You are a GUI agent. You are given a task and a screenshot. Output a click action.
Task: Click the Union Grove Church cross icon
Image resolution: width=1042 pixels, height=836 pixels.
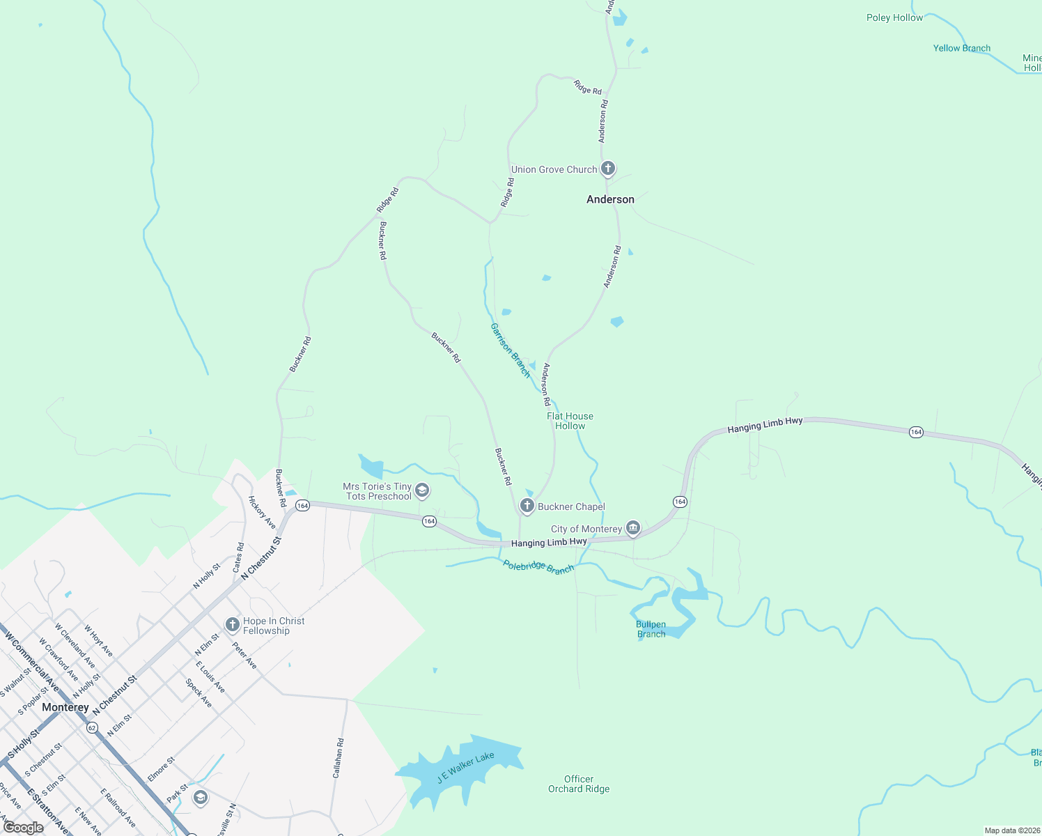608,169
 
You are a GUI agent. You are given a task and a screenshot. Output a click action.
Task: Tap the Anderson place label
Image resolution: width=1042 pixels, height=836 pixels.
610,199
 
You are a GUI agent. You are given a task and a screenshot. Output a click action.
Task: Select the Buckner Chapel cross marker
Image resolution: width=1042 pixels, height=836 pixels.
527,506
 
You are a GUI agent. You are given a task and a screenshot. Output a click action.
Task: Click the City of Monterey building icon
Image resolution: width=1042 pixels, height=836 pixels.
633,529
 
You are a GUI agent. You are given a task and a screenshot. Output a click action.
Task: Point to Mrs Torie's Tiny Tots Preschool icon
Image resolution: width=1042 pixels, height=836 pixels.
421,491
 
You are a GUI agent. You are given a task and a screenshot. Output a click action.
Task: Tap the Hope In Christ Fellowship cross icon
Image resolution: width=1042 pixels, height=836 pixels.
233,625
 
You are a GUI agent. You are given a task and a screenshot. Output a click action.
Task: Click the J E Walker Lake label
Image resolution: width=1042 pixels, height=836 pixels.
465,767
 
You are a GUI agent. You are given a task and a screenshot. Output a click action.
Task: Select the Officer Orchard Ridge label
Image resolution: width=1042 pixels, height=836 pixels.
579,784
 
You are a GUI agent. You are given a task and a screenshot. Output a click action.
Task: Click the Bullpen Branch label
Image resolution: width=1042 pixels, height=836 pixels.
651,629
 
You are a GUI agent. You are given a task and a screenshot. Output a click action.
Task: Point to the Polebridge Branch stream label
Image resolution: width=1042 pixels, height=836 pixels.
538,567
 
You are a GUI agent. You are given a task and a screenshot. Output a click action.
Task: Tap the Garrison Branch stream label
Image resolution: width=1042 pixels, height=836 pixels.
511,350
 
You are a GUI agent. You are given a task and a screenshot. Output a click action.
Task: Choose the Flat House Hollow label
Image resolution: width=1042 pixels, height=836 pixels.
570,421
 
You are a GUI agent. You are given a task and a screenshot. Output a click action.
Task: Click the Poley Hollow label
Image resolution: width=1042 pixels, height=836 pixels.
894,17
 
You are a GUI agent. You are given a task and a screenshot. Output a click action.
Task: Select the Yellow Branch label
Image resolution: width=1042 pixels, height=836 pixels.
961,48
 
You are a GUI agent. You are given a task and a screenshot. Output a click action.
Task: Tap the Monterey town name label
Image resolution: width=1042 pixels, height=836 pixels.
65,707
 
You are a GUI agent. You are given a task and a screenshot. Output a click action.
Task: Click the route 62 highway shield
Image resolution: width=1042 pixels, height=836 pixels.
92,727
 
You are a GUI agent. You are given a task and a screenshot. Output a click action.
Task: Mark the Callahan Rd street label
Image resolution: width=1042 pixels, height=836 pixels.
338,758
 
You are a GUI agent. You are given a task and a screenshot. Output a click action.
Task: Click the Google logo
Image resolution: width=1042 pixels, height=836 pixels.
23,828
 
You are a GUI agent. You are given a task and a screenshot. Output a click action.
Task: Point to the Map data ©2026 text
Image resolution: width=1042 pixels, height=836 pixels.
1010,830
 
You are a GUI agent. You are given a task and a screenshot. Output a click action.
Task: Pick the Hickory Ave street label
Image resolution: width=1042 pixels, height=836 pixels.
262,512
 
